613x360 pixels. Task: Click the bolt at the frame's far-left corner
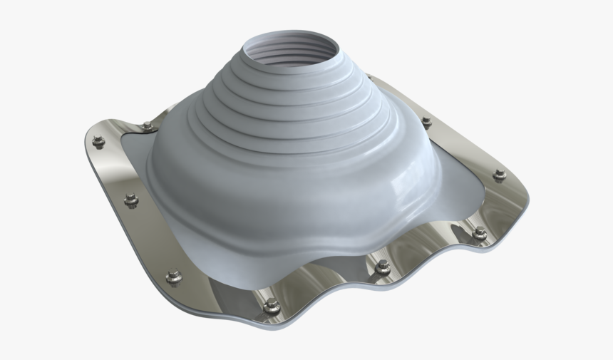pyautogui.click(x=98, y=141)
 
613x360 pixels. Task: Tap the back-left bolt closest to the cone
pyautogui.click(x=147, y=126)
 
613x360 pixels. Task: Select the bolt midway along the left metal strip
pyautogui.click(x=131, y=200)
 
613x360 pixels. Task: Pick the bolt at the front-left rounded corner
pyautogui.click(x=173, y=275)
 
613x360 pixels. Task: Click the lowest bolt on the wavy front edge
pyautogui.click(x=272, y=307)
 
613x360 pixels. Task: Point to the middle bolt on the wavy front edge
pyautogui.click(x=383, y=267)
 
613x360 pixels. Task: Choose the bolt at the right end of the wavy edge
pyautogui.click(x=480, y=233)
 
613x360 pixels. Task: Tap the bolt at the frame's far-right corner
pyautogui.click(x=500, y=174)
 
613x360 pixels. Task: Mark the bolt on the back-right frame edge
pyautogui.click(x=426, y=122)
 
